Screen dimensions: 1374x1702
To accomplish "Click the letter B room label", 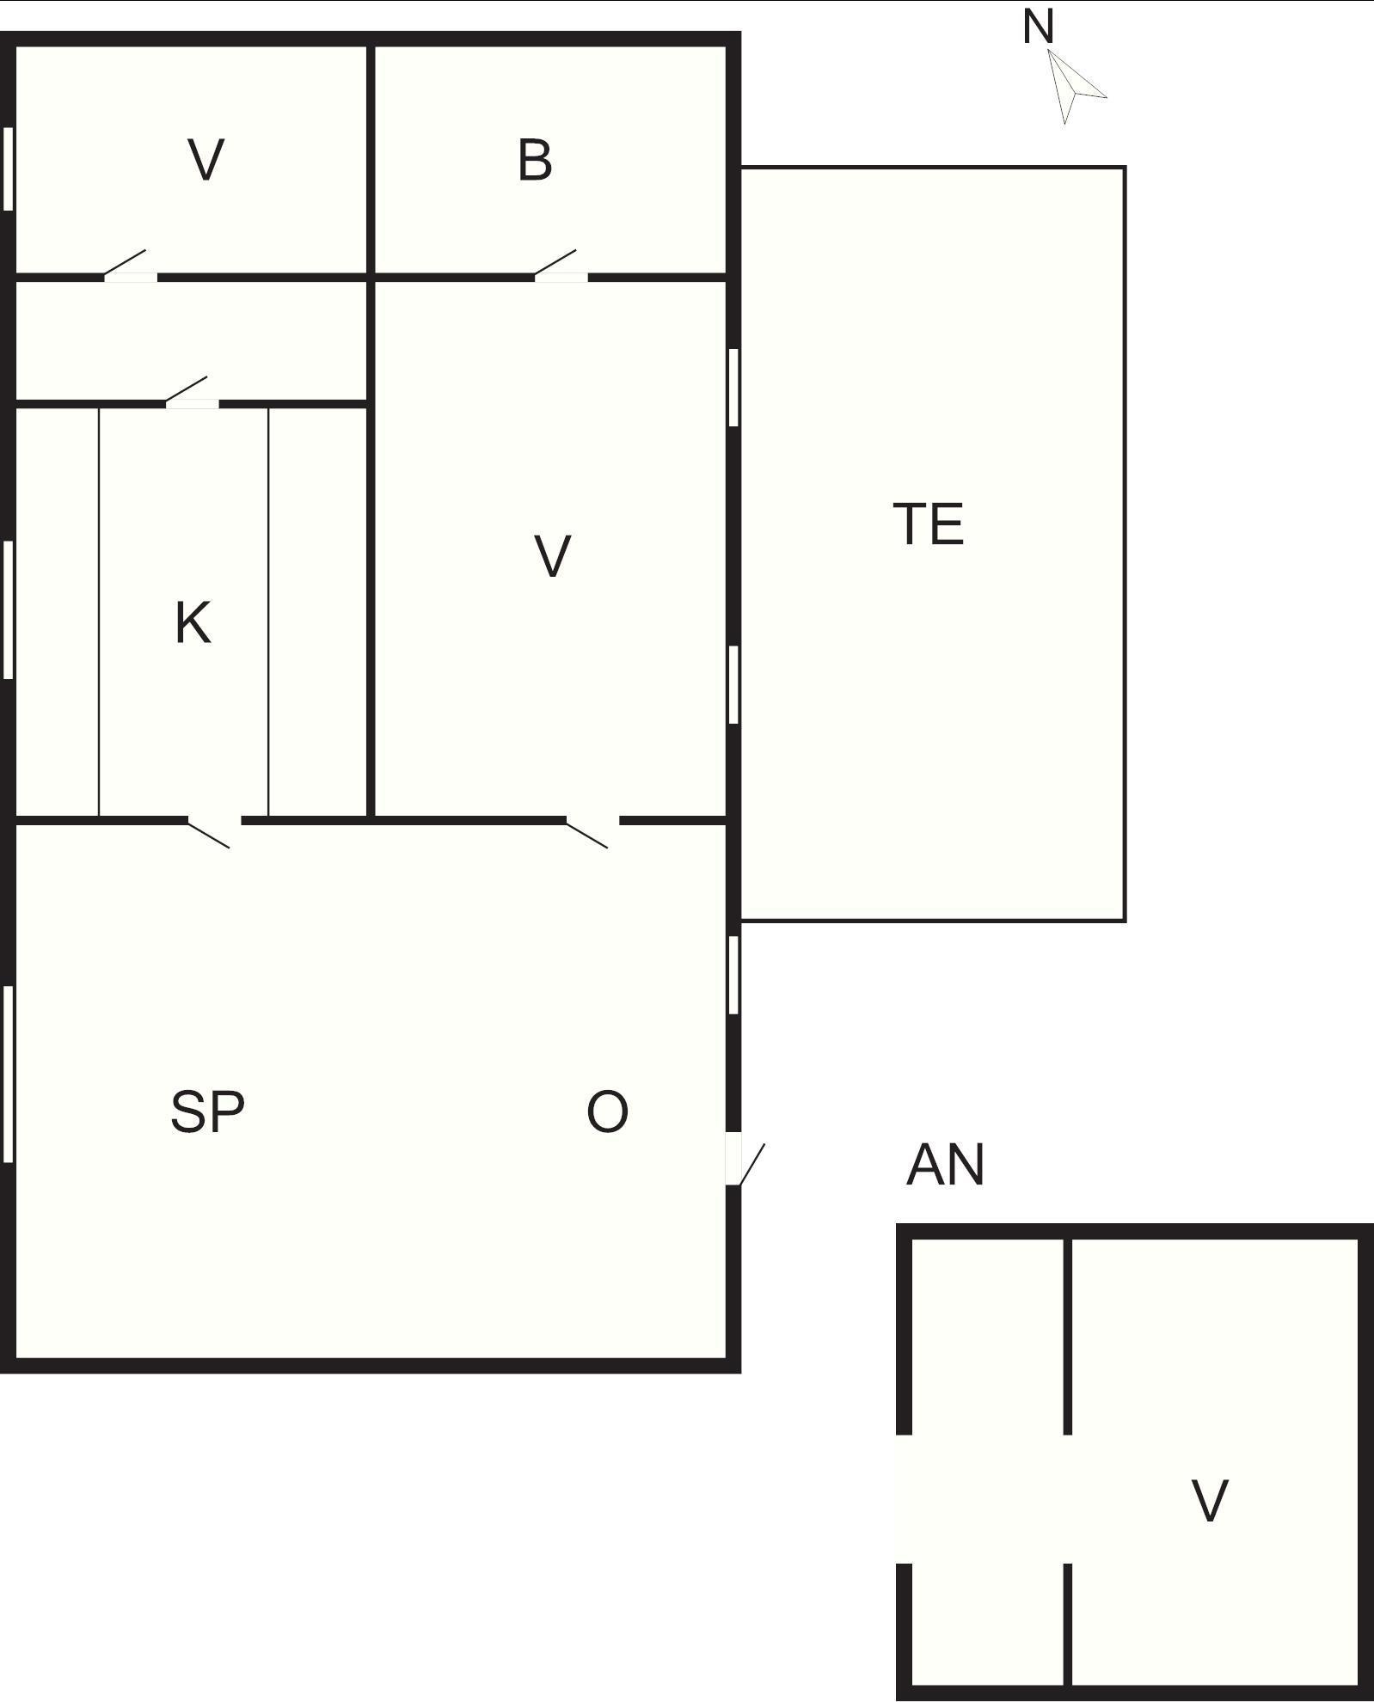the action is click(534, 161).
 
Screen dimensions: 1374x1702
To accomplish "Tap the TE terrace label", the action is click(929, 524).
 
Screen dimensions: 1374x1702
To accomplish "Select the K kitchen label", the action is click(193, 623).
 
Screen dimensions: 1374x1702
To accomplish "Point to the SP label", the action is click(207, 1111).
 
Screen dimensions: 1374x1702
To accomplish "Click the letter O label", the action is click(607, 1111).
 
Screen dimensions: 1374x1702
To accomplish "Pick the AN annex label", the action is click(945, 1166).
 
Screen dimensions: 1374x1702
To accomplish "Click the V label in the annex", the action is click(1210, 1501).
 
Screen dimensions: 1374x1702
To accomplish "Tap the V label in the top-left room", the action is click(205, 160).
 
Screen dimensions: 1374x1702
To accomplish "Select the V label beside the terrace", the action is click(552, 555).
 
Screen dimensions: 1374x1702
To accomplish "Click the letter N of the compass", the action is click(1038, 27).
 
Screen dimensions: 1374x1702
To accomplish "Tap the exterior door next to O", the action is click(745, 1163).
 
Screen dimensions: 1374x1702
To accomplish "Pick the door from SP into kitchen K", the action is click(213, 831).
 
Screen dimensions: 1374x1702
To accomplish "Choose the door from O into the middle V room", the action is click(592, 831).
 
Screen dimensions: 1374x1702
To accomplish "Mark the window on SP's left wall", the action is click(9, 1074).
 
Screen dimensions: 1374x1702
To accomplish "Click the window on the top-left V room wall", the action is click(9, 168).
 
